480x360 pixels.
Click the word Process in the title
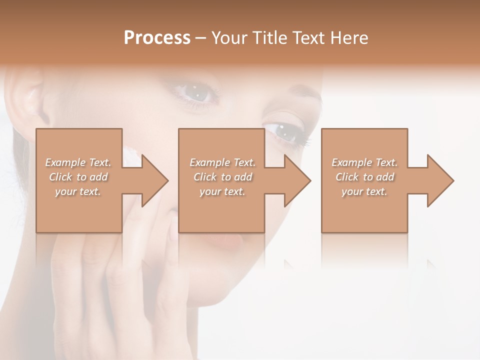[x=157, y=38]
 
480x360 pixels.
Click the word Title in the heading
[x=267, y=38]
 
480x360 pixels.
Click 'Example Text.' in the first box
[x=78, y=162]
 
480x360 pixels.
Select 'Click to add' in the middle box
[x=222, y=177]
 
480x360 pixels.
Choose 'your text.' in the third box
[x=364, y=191]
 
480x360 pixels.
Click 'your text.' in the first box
[x=78, y=191]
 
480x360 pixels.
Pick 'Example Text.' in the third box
[x=364, y=162]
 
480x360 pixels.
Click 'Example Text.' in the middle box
[x=222, y=162]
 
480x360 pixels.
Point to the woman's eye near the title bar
[x=198, y=92]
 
